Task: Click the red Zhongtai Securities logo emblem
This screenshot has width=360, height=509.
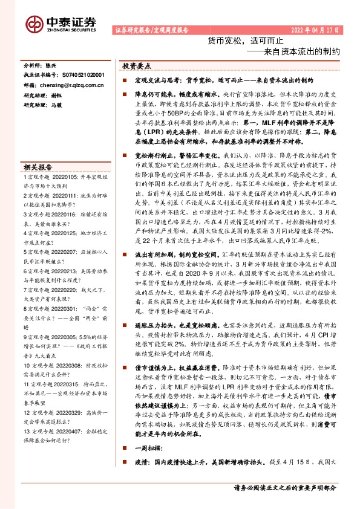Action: point(33,23)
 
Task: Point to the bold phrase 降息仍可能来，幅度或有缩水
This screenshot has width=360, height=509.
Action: point(173,94)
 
